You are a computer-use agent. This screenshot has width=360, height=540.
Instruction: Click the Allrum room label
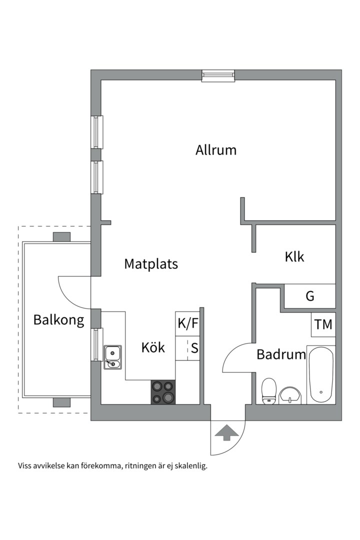[215, 150]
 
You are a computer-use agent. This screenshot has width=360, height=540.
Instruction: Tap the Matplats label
[151, 264]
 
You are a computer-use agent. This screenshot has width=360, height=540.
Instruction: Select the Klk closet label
[294, 257]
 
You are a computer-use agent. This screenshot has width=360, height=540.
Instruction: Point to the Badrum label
[280, 354]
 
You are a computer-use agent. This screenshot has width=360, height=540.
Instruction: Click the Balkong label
[58, 320]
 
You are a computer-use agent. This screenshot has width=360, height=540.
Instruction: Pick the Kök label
[153, 347]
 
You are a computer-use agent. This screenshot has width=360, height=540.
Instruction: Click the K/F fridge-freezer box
[188, 323]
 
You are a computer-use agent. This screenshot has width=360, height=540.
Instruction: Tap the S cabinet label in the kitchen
[194, 348]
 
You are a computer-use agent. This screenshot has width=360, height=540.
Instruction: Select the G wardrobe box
[310, 296]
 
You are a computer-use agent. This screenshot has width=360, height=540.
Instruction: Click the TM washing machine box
[323, 324]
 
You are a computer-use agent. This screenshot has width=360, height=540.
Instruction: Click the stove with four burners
[163, 392]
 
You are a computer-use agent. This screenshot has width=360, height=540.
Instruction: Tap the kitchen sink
[112, 357]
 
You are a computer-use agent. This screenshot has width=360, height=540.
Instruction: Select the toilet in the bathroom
[269, 390]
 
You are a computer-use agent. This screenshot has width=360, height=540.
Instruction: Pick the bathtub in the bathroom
[320, 375]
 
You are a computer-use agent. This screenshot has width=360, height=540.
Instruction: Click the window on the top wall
[218, 75]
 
